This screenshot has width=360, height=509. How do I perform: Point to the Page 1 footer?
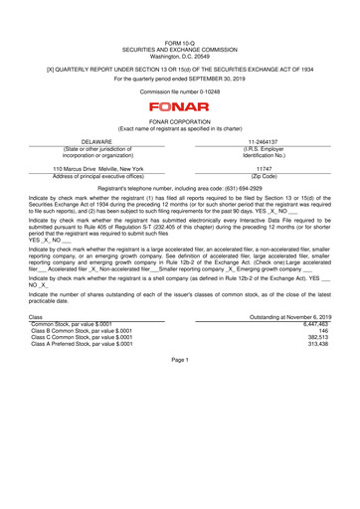click(x=179, y=359)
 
